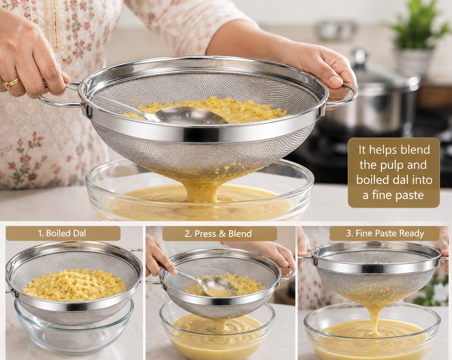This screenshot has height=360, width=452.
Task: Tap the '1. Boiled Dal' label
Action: point(63,233)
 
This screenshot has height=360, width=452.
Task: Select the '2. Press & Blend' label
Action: point(219,233)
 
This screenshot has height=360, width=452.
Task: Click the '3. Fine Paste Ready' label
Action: point(384,233)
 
